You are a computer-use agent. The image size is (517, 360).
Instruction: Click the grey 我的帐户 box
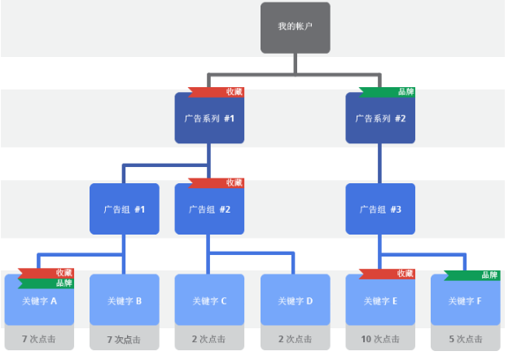295,28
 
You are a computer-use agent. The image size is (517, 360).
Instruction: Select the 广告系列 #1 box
209,119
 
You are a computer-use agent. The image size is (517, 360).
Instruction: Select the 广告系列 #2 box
380,119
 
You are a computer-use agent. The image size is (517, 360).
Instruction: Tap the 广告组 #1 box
124,209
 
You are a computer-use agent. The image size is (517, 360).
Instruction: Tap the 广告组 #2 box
209,209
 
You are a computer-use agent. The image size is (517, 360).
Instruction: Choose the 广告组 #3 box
380,209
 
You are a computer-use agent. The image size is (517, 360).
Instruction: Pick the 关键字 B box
124,301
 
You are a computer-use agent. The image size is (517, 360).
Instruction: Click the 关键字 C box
209,301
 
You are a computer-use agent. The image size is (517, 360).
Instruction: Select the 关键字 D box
295,301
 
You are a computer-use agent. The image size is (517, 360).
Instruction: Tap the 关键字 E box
380,301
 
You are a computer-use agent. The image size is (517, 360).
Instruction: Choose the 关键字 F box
466,301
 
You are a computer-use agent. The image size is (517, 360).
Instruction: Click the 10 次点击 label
380,339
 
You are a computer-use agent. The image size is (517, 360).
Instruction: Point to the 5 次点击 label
466,339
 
